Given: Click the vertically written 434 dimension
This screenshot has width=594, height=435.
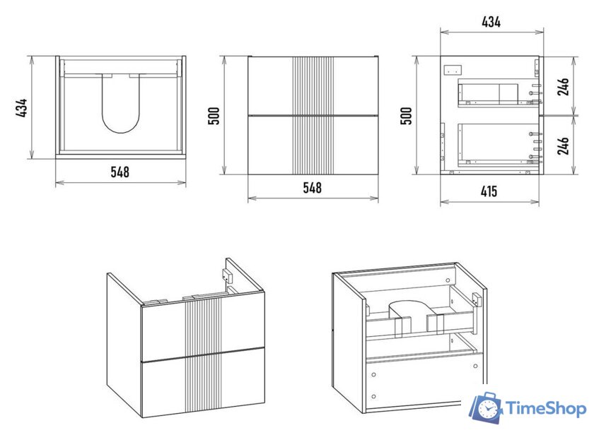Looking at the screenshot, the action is [22, 108].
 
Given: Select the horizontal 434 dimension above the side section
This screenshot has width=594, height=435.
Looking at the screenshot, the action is [491, 22].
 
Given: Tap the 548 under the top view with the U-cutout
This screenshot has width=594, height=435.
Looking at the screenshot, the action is [120, 172].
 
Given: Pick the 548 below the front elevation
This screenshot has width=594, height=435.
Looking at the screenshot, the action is [312, 188].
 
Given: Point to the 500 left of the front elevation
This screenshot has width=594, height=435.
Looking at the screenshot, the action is [214, 116].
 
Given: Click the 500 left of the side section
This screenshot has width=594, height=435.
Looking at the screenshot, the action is [406, 116].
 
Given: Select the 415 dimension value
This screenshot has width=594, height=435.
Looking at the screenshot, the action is [489, 191].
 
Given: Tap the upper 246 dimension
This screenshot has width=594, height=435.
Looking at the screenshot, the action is [564, 87].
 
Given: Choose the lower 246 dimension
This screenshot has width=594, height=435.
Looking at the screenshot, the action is [564, 145].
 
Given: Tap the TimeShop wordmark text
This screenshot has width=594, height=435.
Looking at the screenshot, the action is [546, 409].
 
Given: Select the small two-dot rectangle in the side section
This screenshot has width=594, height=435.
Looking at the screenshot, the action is [453, 70].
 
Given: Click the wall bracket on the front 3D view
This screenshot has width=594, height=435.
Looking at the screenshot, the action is [228, 275].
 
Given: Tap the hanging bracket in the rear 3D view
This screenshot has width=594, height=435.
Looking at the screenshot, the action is [477, 299].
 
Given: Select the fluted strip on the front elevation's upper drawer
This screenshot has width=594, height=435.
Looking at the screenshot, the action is [313, 85].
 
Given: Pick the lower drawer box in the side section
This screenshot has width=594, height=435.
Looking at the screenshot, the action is [496, 145].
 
